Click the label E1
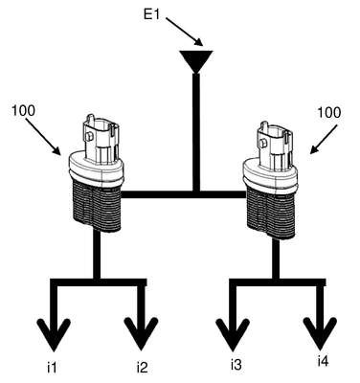click(151, 14)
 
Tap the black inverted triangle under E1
click(196, 60)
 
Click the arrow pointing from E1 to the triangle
click(184, 32)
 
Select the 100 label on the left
click(23, 111)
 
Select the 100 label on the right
click(329, 112)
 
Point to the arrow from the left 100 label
click(43, 137)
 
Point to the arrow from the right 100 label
click(324, 139)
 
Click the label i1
click(52, 368)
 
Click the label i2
click(142, 368)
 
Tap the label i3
click(236, 365)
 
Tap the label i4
click(323, 361)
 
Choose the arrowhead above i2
click(141, 333)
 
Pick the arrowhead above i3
click(233, 333)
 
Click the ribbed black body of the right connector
click(271, 214)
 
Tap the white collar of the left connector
click(97, 169)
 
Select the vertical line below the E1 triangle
click(196, 132)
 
